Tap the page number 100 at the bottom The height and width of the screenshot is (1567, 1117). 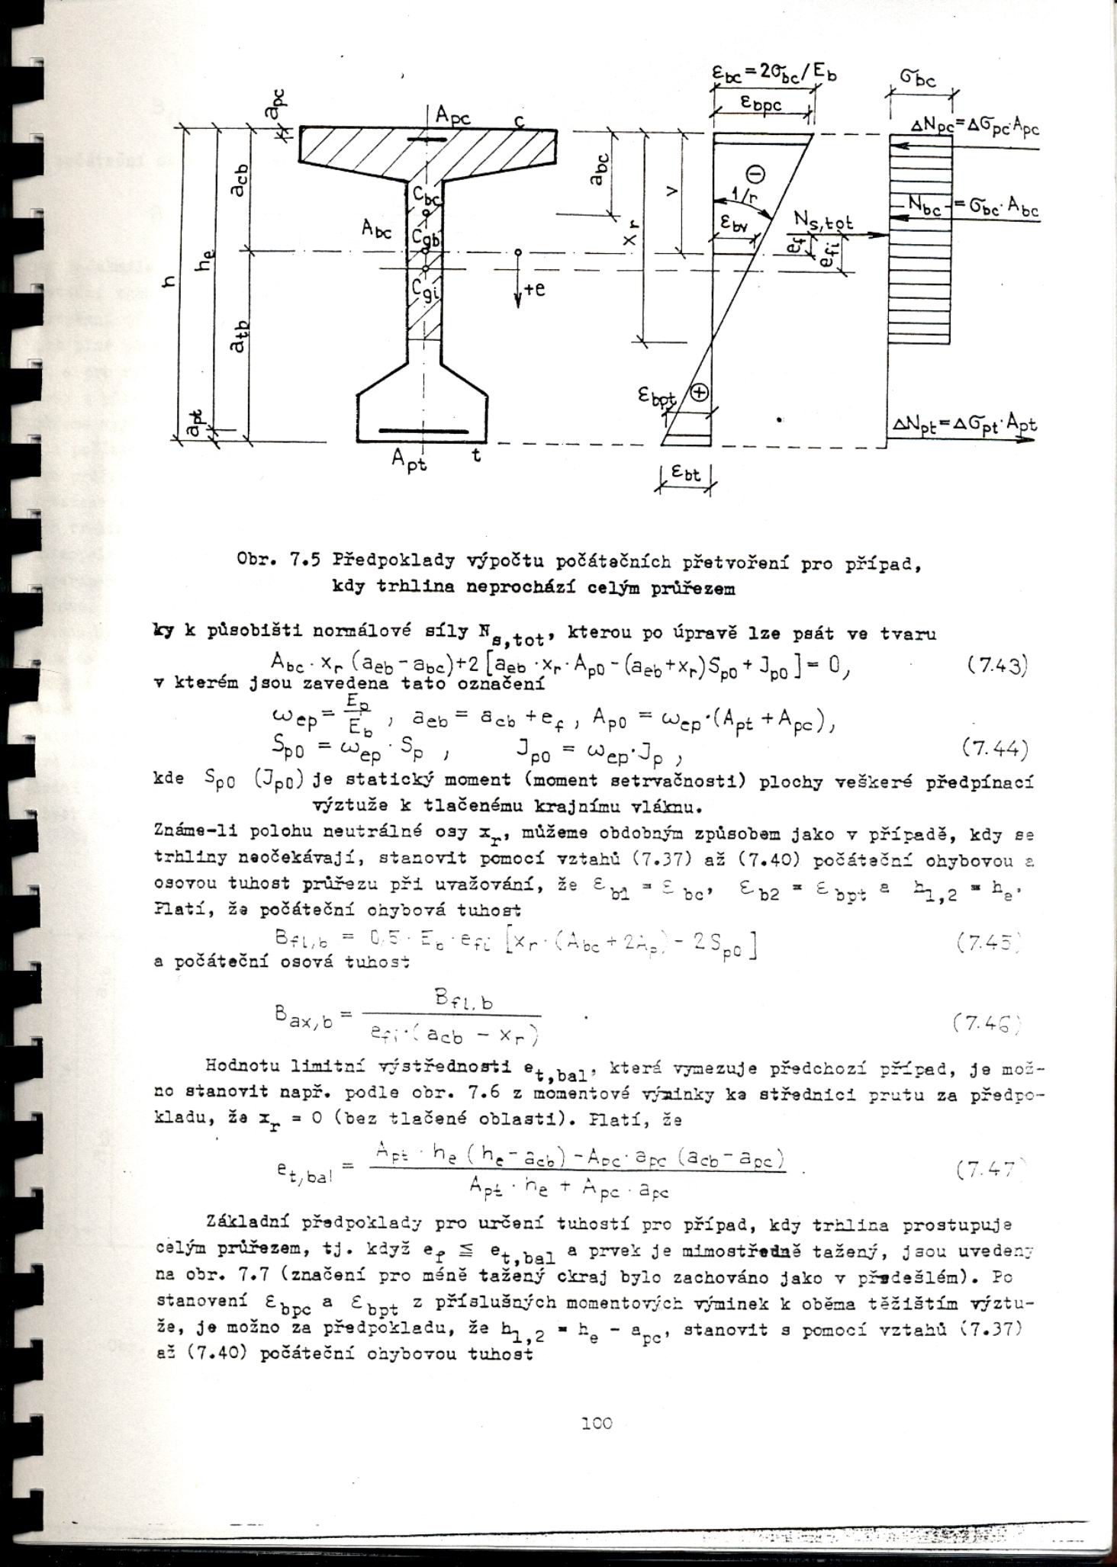coord(596,1422)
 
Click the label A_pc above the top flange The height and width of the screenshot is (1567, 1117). coord(453,117)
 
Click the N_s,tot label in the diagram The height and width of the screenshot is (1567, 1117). coord(824,222)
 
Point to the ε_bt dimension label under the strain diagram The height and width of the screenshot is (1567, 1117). coord(684,474)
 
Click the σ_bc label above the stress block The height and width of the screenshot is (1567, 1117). coord(919,79)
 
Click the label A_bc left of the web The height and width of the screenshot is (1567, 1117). coord(377,227)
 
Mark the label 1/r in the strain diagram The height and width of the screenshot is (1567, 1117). coord(739,197)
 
